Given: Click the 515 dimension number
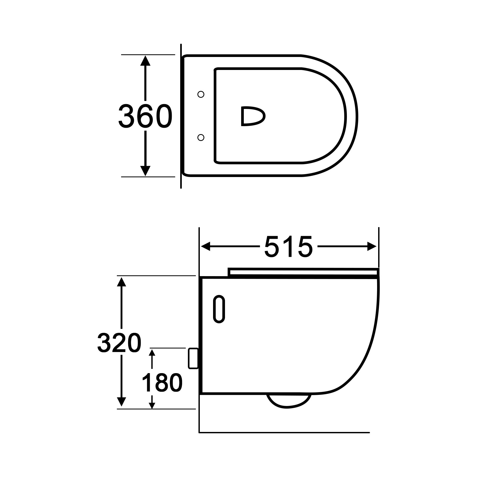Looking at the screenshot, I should pyautogui.click(x=288, y=247).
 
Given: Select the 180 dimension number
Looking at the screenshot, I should pyautogui.click(x=162, y=383).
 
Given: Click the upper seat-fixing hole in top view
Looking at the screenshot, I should pyautogui.click(x=201, y=94).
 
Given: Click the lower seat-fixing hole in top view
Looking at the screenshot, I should pyautogui.click(x=201, y=137).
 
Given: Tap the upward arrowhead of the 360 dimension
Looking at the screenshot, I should pyautogui.click(x=145, y=60).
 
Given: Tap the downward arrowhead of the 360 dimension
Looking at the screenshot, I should pyautogui.click(x=145, y=171).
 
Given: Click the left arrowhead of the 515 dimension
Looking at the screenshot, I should pyautogui.click(x=205, y=246).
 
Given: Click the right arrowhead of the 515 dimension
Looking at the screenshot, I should pyautogui.click(x=372, y=246).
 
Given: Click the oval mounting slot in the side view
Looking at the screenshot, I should pyautogui.click(x=219, y=309).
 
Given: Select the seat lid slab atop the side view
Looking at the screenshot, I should pyautogui.click(x=302, y=272).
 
